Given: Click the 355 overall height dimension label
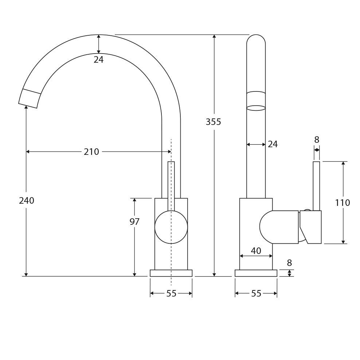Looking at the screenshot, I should [213, 122].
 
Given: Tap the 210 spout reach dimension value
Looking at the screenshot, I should [91, 152].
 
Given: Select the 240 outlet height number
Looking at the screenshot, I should [27, 200].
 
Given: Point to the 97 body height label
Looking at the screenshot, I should [134, 222].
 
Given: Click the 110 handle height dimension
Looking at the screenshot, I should [342, 203].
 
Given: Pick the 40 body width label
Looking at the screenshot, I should [256, 251].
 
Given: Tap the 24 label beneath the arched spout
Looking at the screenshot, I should [98, 60].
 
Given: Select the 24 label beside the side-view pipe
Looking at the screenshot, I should [273, 144].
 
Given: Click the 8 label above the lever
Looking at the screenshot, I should [316, 140].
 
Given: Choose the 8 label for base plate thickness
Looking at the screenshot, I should [289, 263].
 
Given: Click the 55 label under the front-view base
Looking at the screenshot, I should [171, 294].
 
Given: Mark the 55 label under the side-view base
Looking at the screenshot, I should [256, 294].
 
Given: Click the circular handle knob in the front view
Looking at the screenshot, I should [171, 227].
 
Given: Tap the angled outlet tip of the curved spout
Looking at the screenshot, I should [29, 98].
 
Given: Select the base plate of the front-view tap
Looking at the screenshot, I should [171, 273].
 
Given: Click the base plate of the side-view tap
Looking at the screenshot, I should [256, 273].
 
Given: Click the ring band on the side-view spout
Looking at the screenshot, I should [256, 101].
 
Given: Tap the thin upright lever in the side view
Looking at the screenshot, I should [316, 186].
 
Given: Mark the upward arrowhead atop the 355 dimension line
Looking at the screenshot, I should [214, 36].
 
